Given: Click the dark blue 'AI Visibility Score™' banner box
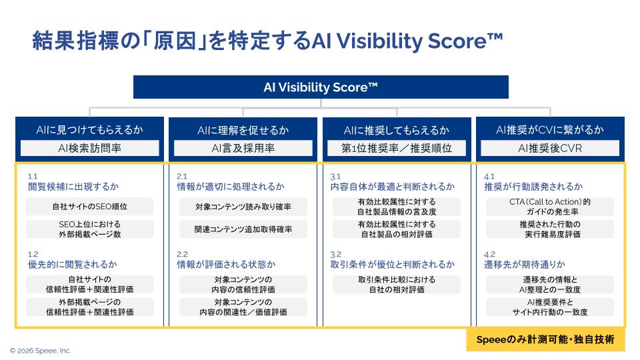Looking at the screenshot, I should pos(321,87).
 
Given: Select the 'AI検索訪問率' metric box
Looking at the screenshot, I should pos(89,148).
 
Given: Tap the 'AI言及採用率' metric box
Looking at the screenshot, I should pos(243,148).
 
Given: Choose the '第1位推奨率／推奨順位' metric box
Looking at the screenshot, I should pos(397,148).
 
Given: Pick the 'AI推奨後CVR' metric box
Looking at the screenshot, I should pos(550,148).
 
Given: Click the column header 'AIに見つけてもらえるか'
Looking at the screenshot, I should pos(89,129).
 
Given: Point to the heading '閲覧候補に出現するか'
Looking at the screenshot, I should pos(73,187).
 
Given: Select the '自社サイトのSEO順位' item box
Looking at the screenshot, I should pos(89,207).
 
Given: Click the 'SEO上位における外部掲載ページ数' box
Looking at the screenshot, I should pos(89,229).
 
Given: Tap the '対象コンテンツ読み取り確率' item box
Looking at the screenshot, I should pos(243,207).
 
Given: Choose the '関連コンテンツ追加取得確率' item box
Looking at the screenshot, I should pos(243,229).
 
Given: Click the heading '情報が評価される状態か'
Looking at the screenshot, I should pos(225,265).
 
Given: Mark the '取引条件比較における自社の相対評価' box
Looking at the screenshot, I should pos(397,285).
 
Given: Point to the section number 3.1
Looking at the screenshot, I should pos(336,176).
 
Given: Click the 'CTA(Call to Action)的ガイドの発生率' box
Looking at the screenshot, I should pos(550,207).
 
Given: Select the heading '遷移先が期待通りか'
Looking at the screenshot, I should pos(524,265).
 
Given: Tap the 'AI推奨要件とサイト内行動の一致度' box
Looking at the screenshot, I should pos(550,307).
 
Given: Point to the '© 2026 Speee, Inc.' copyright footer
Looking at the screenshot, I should pos(40,351).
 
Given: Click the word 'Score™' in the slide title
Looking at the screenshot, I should pos(463,41).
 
